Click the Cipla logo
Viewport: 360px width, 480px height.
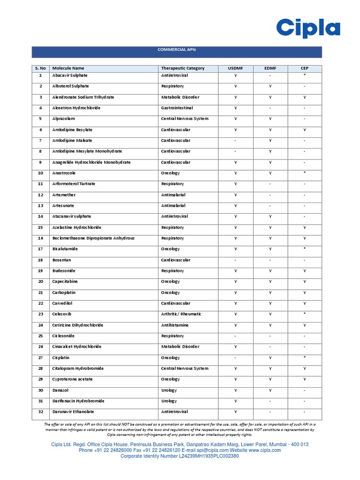click(x=307, y=28)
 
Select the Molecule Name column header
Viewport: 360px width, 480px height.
click(x=68, y=68)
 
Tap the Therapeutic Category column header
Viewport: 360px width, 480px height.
click(x=183, y=68)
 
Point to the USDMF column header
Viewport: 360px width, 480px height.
click(x=235, y=68)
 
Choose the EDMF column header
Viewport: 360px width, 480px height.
click(x=270, y=68)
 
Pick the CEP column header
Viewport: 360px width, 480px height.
click(x=304, y=68)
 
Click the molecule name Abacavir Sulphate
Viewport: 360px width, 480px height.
click(x=70, y=75)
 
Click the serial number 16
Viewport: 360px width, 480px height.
click(x=41, y=239)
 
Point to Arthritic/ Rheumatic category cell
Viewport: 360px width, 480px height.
click(x=181, y=315)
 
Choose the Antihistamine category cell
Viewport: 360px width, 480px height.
click(x=175, y=325)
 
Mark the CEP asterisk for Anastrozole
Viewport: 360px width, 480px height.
click(x=305, y=173)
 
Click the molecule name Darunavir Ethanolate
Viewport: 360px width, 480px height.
click(x=73, y=412)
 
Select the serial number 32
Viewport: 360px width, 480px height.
click(x=41, y=412)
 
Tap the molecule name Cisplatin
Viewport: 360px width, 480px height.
click(x=61, y=358)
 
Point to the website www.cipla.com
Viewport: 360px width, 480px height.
click(x=265, y=450)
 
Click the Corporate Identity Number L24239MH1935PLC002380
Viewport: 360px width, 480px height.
click(x=180, y=456)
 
